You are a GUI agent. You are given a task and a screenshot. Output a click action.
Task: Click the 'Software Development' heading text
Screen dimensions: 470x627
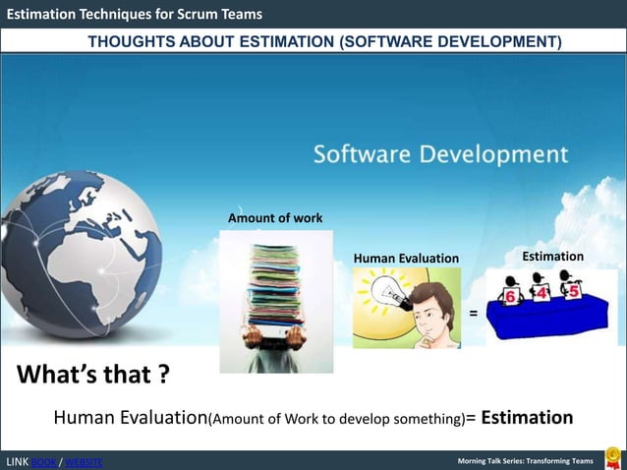440,155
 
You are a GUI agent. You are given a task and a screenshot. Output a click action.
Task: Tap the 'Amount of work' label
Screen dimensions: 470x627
275,217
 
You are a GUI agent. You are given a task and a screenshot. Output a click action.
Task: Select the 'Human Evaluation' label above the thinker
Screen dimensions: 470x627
406,258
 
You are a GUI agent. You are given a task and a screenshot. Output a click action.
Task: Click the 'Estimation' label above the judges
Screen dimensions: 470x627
552,256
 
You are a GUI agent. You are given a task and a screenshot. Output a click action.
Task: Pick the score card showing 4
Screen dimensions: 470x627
541,292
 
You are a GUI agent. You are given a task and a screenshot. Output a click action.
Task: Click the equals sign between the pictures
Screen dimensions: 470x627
473,314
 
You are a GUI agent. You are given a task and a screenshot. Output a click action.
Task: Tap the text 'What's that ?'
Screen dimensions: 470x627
91,376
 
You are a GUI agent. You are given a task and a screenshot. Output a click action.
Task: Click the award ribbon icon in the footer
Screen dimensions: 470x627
612,458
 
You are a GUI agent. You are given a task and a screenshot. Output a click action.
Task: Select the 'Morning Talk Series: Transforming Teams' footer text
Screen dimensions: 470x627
526,461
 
